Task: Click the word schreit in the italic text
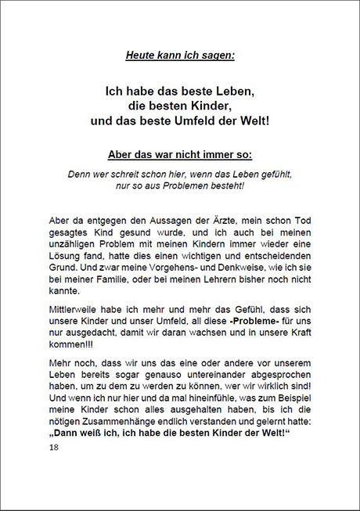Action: (145, 174)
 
